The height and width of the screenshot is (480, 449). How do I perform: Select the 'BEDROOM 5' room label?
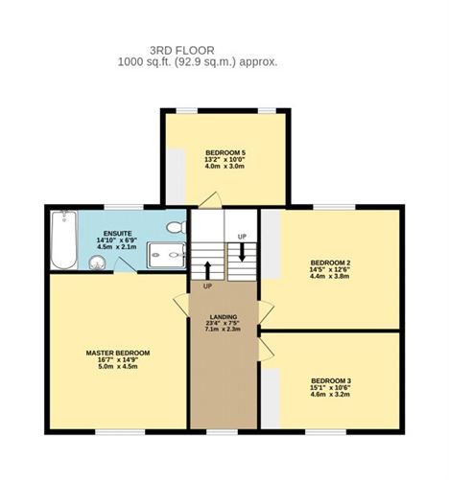point(225,152)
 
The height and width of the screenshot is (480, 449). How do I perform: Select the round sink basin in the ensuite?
point(100,263)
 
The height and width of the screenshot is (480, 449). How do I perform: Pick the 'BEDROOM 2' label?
point(330,262)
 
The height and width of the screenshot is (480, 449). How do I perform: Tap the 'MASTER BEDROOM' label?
point(118,354)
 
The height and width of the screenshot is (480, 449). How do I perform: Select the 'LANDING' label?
point(224,315)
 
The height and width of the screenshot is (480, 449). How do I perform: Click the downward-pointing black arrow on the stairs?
point(242,251)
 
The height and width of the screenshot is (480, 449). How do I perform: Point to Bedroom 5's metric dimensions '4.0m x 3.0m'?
point(225,167)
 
